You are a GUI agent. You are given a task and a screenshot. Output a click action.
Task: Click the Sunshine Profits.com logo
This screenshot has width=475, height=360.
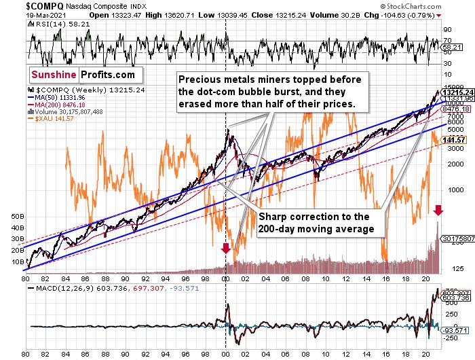[82, 75]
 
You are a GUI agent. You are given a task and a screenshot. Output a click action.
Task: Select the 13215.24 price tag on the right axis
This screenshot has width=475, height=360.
[456, 92]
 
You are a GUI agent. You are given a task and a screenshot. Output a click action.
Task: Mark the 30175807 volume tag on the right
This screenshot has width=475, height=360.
[457, 239]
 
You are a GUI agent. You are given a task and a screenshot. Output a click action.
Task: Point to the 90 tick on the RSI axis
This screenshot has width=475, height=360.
[447, 30]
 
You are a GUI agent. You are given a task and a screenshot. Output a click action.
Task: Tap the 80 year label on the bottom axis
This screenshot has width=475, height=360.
[26, 278]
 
